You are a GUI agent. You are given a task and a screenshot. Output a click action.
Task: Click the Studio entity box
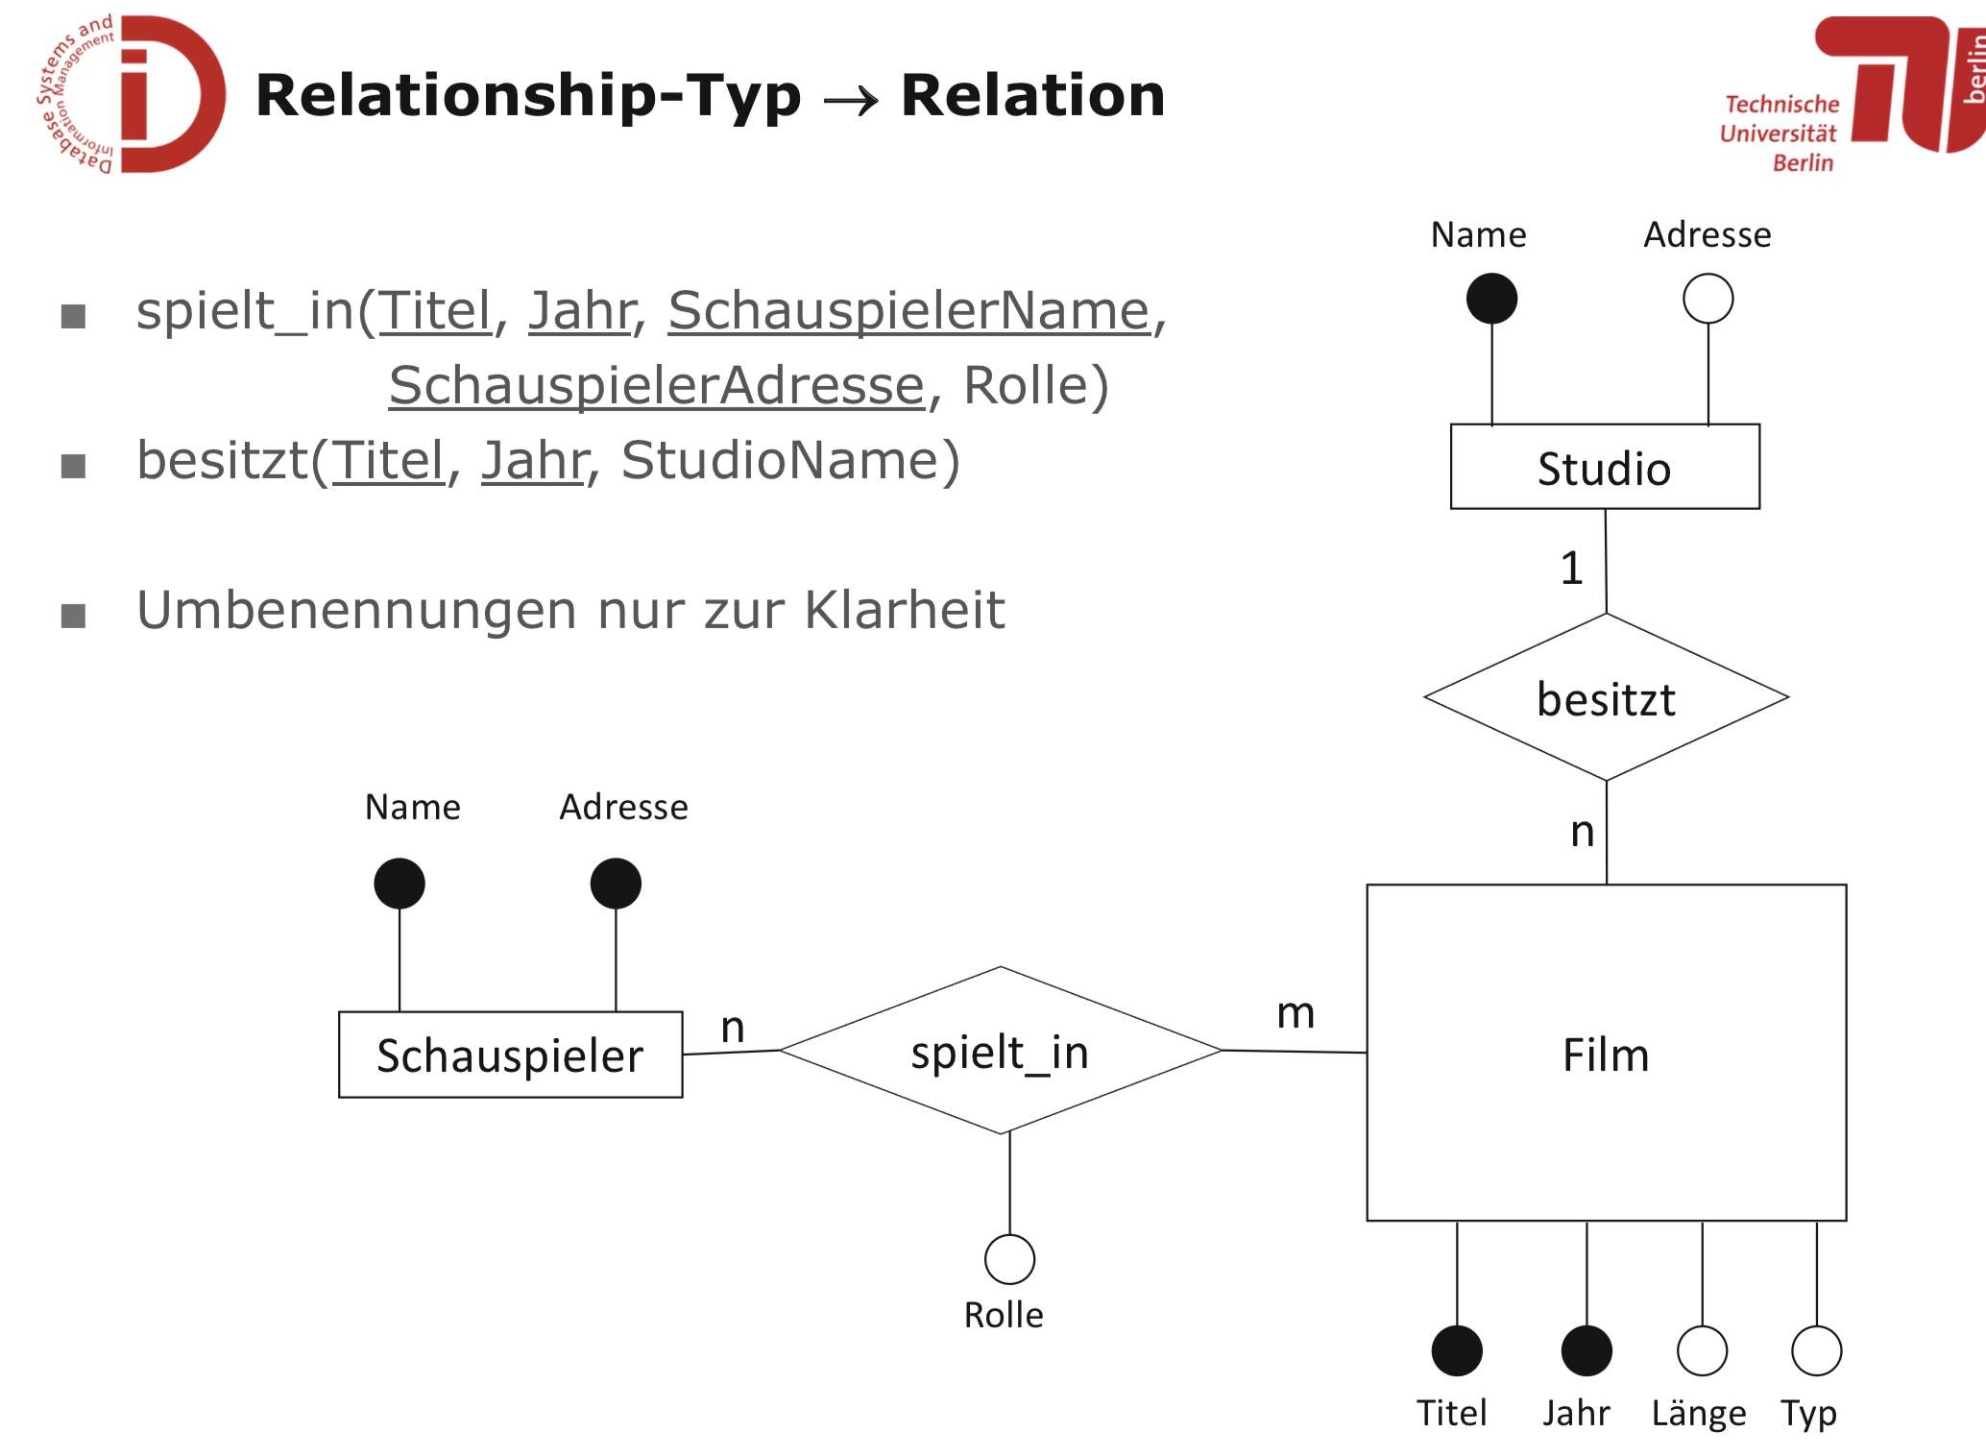(x=1604, y=467)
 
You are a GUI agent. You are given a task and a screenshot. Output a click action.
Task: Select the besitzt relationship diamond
(x=1606, y=698)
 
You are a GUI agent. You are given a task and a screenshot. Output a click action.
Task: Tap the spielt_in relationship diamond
(x=1000, y=1052)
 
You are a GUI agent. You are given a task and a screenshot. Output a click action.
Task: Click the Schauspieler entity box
(x=510, y=1055)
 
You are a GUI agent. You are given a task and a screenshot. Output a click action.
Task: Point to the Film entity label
(x=1606, y=1055)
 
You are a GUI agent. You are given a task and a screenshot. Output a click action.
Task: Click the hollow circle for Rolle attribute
(x=1009, y=1259)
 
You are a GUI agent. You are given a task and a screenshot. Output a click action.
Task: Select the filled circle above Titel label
(x=1456, y=1350)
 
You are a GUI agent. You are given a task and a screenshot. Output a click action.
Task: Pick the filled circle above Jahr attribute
(x=1586, y=1350)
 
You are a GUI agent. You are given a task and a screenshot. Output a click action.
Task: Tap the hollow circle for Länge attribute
(x=1702, y=1350)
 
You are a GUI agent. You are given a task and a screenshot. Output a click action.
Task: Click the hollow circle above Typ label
(x=1816, y=1350)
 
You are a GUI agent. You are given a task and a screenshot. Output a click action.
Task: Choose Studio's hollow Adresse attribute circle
(x=1707, y=299)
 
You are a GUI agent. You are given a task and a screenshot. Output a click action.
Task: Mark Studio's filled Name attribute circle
(x=1491, y=299)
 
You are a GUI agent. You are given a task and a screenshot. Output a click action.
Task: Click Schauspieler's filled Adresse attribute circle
(x=616, y=884)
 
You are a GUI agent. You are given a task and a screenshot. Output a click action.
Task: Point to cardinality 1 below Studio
(x=1571, y=568)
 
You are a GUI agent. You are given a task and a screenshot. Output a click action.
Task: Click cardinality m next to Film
(x=1296, y=1013)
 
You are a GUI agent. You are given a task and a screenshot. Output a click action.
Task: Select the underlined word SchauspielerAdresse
(x=656, y=386)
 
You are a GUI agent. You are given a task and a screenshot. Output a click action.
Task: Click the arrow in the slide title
(x=851, y=99)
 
